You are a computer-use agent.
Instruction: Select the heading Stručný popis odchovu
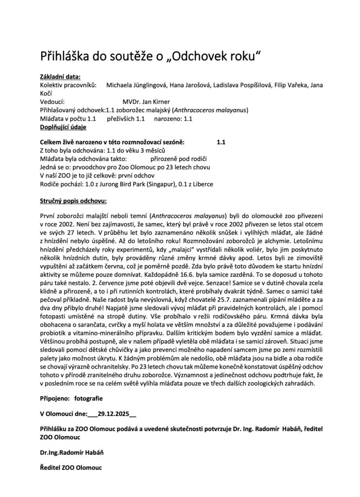73,200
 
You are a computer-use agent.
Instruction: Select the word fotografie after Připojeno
88,398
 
